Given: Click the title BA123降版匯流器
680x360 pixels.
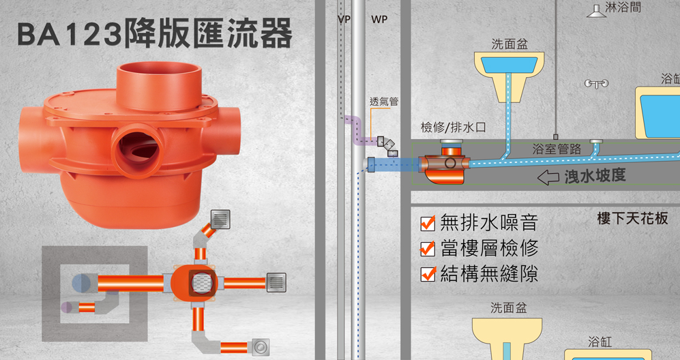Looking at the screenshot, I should click(x=155, y=35).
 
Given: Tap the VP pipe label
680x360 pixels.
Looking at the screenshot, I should click(x=344, y=20).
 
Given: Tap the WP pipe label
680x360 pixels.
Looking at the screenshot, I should click(x=379, y=20).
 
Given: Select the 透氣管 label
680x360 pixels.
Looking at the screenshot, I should click(x=383, y=102).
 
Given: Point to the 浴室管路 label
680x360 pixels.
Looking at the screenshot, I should click(x=557, y=149).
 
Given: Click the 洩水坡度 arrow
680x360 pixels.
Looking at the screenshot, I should click(x=549, y=178).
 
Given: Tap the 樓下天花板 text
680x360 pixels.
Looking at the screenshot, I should click(x=632, y=219).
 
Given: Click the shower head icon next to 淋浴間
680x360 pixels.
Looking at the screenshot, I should click(x=595, y=10).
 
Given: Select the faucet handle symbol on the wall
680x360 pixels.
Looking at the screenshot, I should click(x=596, y=84).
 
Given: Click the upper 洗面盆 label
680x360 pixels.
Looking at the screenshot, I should click(x=509, y=44).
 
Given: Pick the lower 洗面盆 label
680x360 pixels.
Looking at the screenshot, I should click(x=508, y=308).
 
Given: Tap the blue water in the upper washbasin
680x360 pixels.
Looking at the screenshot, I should click(x=509, y=64).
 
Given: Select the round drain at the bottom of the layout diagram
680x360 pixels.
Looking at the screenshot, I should click(x=261, y=347).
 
